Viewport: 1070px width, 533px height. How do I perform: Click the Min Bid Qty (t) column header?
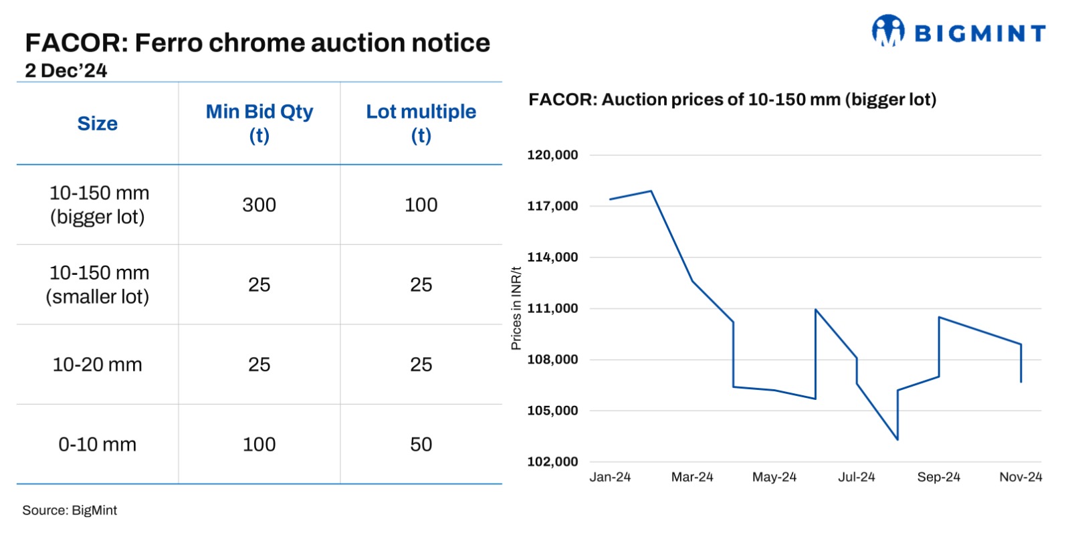[259, 123]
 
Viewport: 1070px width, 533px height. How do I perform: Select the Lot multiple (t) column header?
[421, 123]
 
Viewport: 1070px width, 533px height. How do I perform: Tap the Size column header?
[98, 124]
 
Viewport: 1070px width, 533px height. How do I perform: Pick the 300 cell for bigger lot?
[259, 205]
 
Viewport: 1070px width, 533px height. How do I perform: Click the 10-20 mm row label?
[98, 364]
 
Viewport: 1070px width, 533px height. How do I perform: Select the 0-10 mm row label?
[98, 444]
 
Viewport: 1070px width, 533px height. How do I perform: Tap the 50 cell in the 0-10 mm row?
[421, 444]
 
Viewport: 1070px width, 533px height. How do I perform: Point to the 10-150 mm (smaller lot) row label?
[98, 284]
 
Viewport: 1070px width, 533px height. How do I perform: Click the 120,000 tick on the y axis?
[552, 155]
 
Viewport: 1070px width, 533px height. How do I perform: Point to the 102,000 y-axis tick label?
[552, 461]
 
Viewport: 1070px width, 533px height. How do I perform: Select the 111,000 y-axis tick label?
[552, 308]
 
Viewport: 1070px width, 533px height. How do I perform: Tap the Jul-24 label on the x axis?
[857, 477]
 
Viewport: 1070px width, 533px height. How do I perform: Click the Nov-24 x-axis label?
[1021, 477]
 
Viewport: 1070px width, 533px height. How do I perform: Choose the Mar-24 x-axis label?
[692, 477]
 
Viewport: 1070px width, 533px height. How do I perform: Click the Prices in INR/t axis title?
[516, 308]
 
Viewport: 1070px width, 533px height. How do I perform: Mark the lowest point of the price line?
[897, 439]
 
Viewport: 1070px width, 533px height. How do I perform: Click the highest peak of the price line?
[651, 191]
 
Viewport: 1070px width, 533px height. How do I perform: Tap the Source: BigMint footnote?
[70, 510]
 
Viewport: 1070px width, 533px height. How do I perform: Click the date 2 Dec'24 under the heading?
[66, 70]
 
